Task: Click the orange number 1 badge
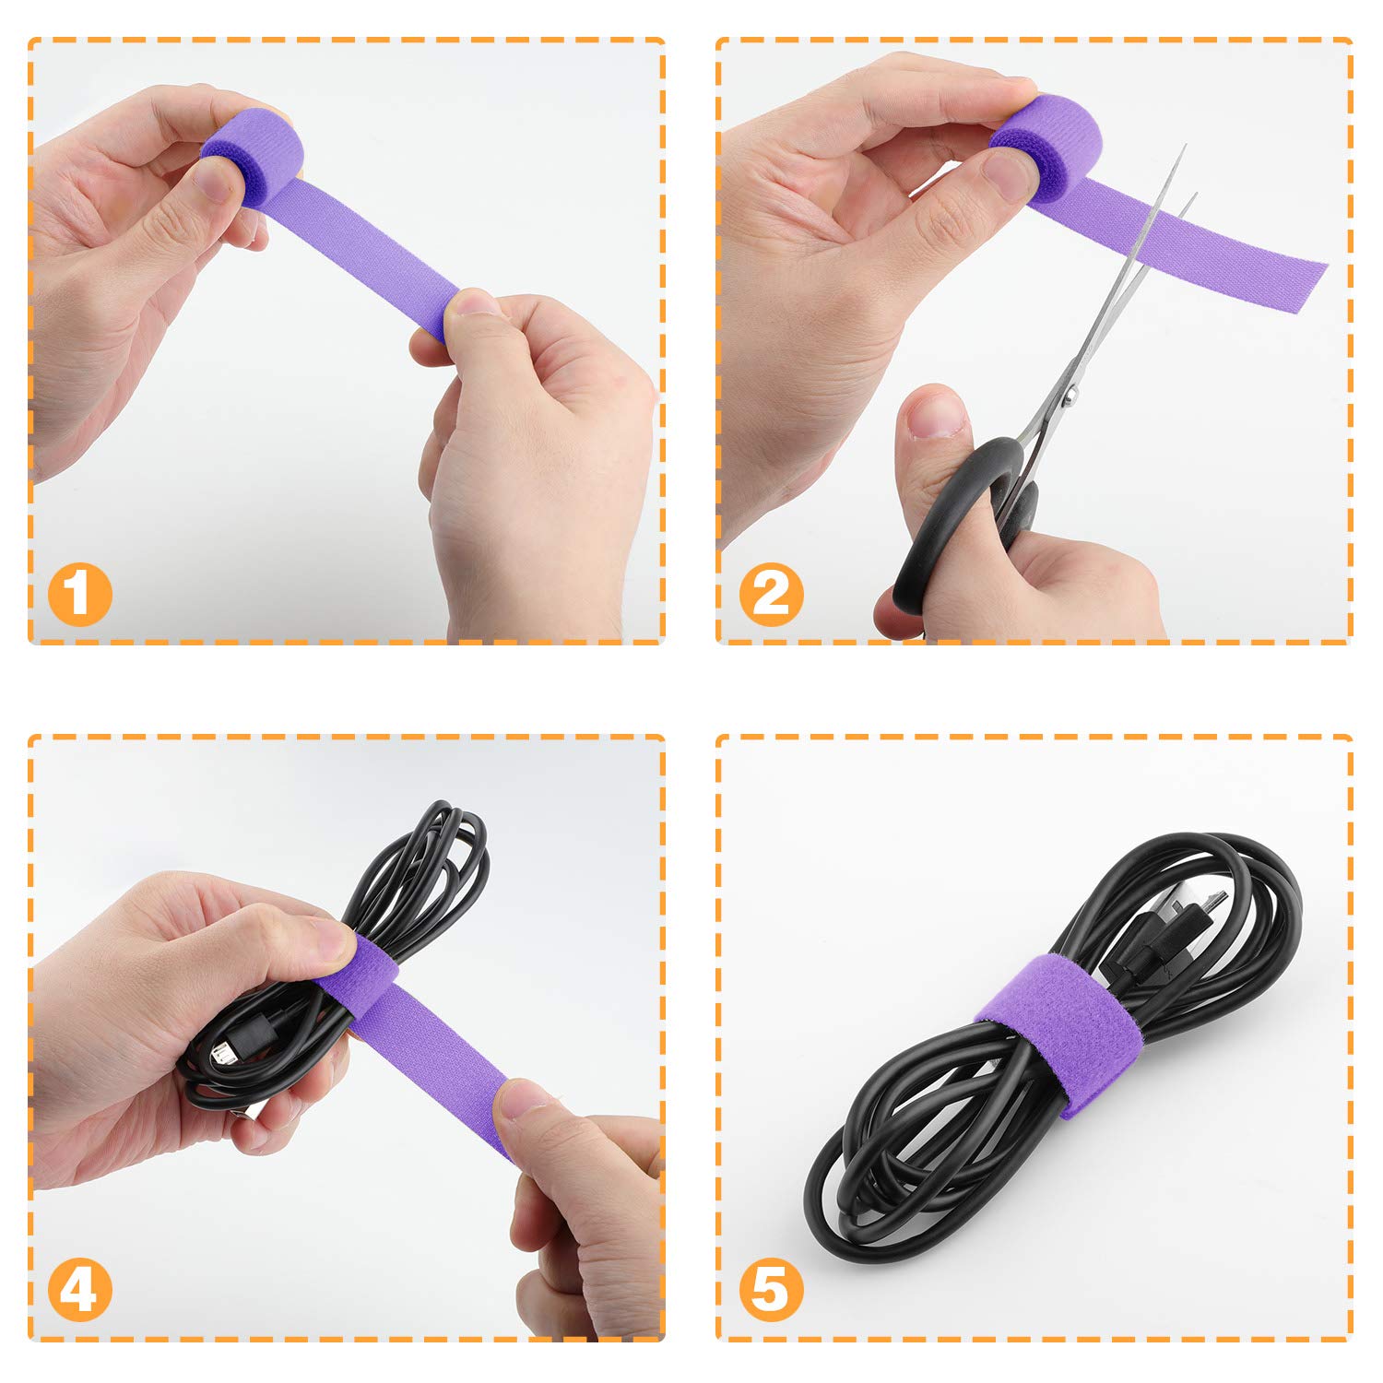(80, 594)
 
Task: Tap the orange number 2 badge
(771, 594)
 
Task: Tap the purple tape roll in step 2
(1046, 138)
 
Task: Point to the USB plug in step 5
(1143, 940)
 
